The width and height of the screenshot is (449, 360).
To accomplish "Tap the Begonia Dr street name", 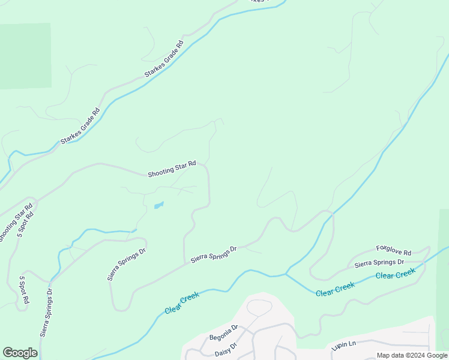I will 224,332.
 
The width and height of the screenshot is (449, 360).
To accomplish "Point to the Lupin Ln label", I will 344,346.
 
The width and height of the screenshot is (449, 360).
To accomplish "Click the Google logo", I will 20,353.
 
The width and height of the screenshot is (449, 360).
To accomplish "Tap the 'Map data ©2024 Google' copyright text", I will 412,355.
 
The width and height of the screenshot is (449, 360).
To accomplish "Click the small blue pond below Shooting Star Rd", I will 158,205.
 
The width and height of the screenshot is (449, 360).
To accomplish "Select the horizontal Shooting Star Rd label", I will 172,169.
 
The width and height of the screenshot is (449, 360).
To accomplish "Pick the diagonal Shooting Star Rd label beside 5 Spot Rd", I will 15,224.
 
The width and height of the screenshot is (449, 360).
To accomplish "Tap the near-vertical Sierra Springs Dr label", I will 46,313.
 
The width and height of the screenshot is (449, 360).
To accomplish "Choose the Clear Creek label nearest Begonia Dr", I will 182,304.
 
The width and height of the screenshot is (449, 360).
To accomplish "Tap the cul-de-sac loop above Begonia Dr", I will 259,307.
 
